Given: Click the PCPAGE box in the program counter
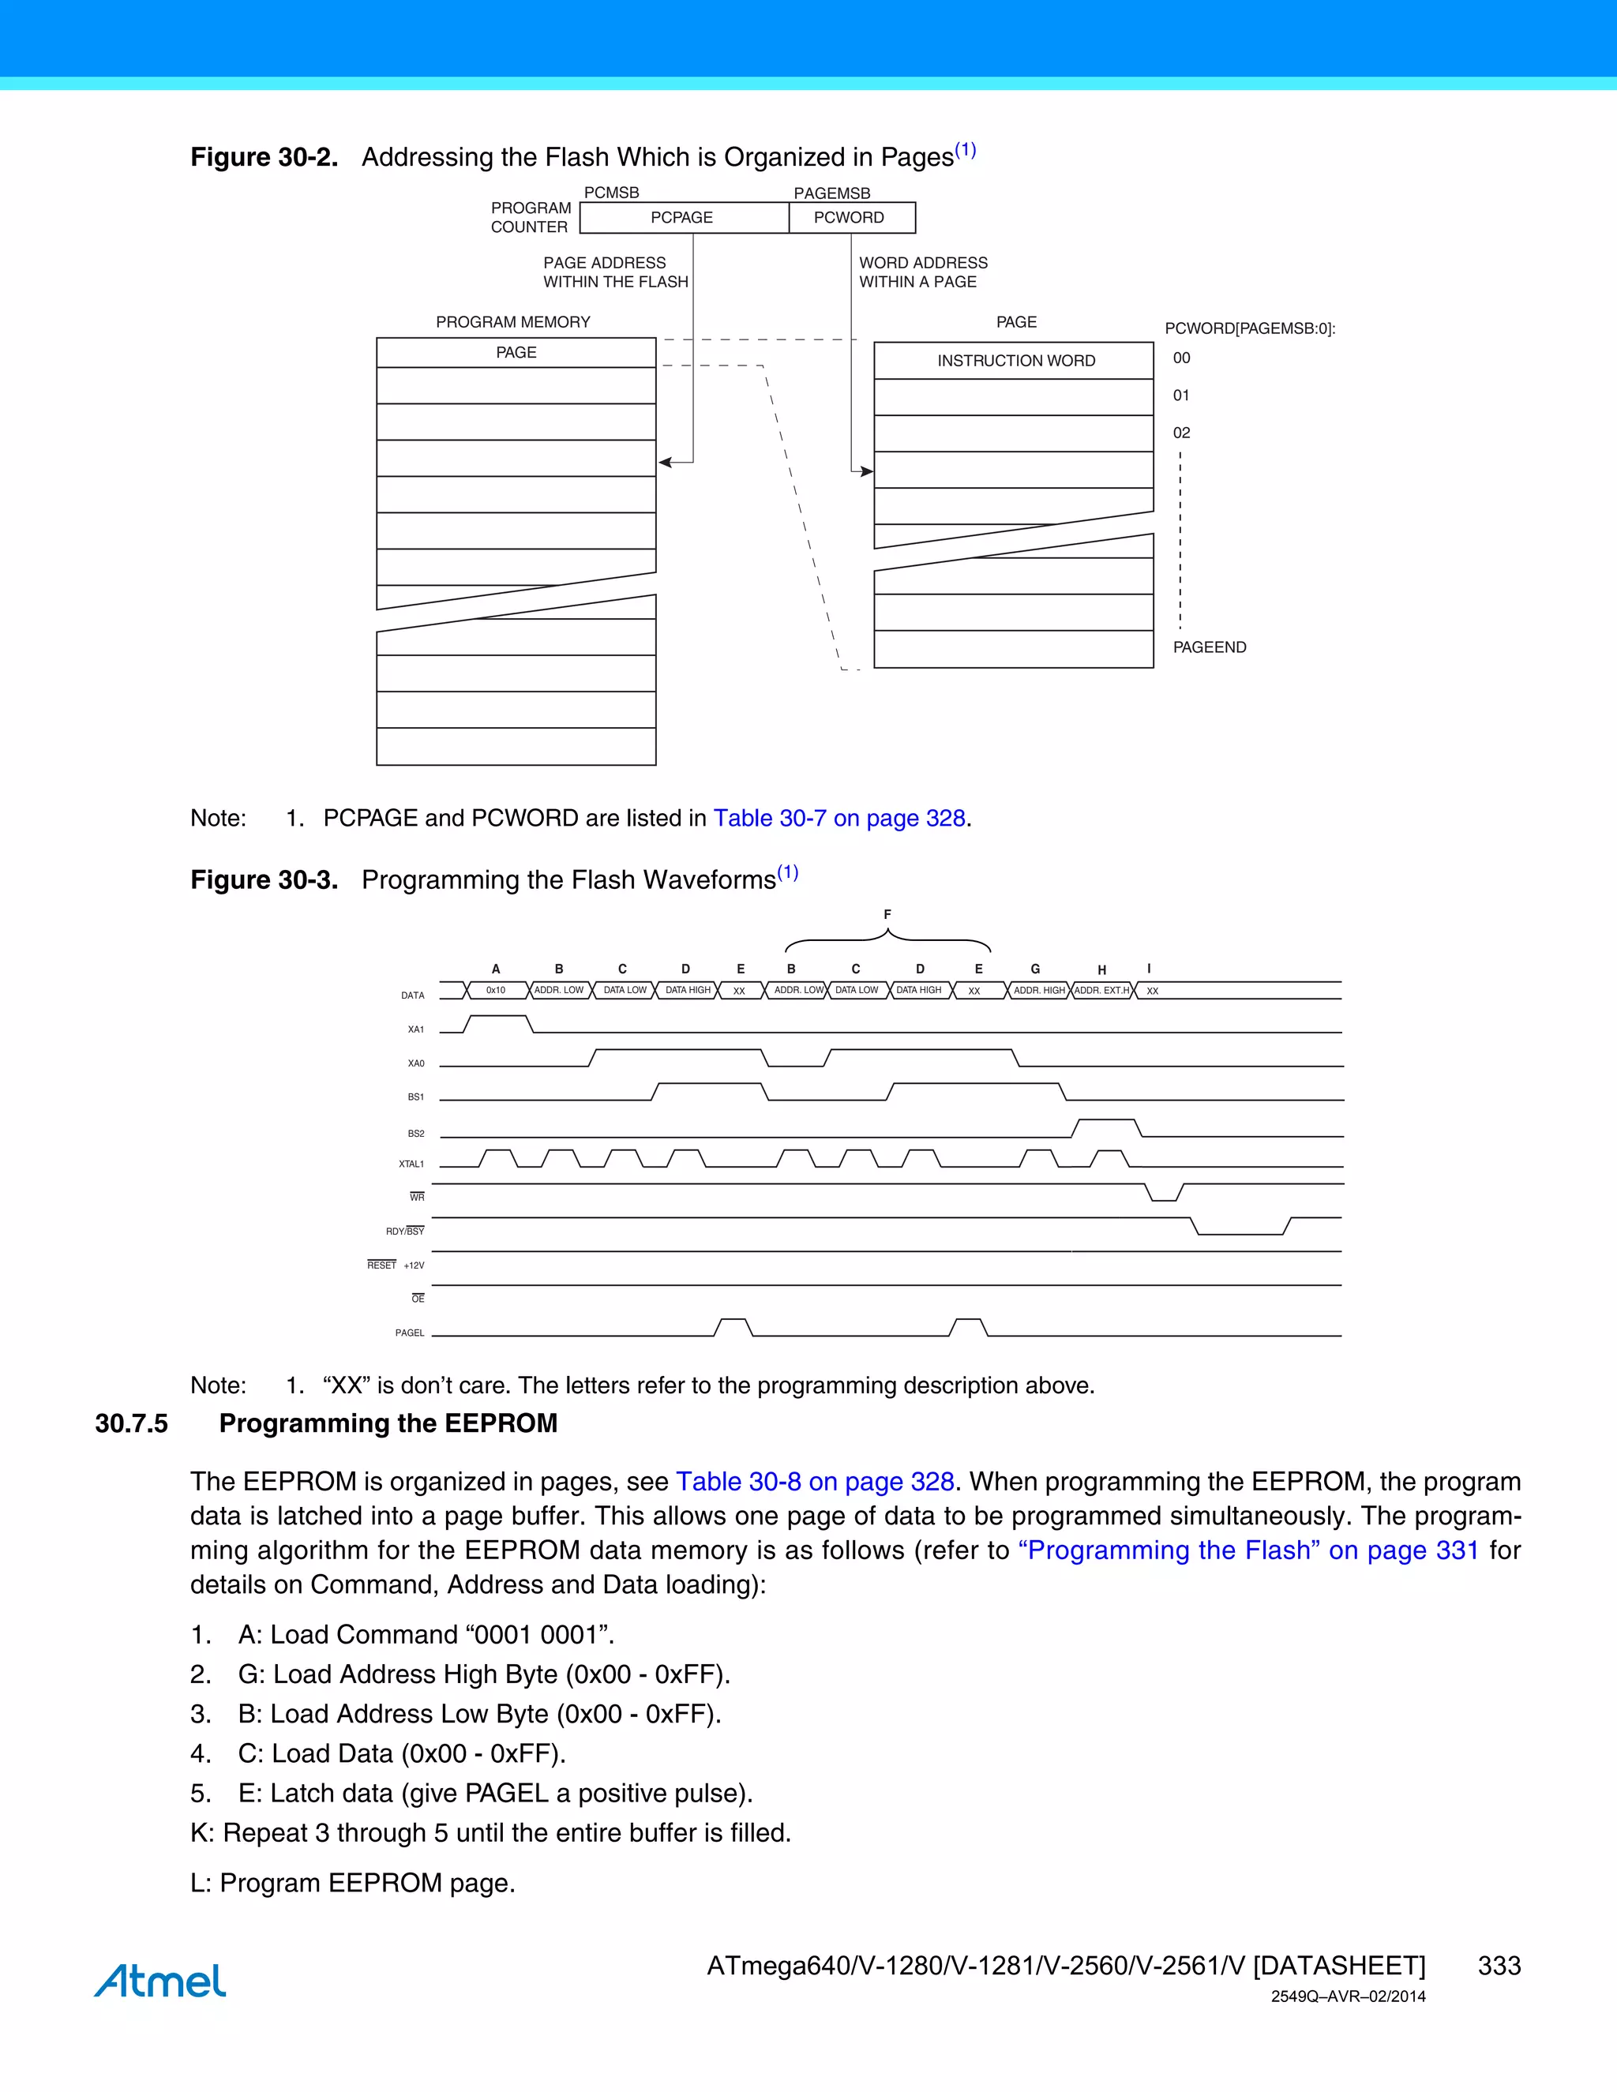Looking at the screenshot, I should [682, 217].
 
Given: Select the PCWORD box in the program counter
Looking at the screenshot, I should [850, 217].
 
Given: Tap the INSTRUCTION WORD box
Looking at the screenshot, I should [1015, 361].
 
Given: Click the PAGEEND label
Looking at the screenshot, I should [1209, 647].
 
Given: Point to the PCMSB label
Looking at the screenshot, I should [611, 193].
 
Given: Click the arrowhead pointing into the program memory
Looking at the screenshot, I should [665, 463].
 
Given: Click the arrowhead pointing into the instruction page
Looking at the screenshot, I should [867, 471].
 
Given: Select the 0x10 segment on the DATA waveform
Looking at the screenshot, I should [495, 991].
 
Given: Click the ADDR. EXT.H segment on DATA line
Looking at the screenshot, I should [1101, 991].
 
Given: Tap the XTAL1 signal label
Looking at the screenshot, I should [411, 1164].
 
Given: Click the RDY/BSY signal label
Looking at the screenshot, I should [405, 1231].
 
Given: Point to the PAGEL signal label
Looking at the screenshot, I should [409, 1333].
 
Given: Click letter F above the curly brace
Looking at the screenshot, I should [887, 915].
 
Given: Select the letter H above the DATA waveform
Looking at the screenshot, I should [1101, 969].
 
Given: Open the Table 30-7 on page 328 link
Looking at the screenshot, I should [839, 818].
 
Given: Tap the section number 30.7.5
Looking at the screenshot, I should [131, 1423].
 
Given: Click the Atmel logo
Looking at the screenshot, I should [160, 1980].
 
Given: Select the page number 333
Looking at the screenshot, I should [1499, 1966].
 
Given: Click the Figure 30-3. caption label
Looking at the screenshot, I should [264, 879].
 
